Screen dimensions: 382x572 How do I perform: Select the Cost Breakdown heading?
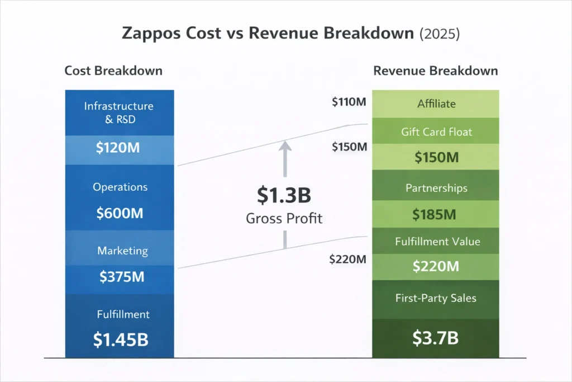click(x=113, y=71)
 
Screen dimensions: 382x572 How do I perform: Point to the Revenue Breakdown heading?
click(x=436, y=71)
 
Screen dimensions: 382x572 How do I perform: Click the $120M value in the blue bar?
click(x=118, y=148)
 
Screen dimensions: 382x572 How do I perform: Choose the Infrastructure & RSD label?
click(x=118, y=111)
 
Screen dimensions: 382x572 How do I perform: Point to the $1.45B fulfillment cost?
click(x=121, y=339)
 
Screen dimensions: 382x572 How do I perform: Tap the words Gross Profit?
click(x=284, y=218)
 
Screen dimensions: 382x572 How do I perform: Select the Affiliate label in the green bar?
click(x=436, y=103)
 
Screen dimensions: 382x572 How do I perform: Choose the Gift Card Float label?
click(x=436, y=132)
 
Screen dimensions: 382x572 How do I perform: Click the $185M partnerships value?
click(x=435, y=214)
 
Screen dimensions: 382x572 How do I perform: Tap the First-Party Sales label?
click(x=436, y=298)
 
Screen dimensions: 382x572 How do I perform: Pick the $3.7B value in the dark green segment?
click(x=436, y=338)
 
